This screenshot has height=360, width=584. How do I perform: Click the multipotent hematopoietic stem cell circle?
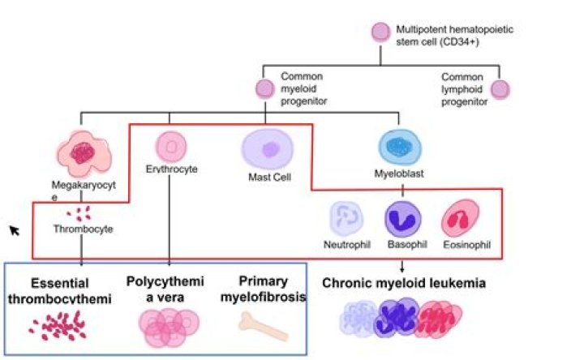point(380,32)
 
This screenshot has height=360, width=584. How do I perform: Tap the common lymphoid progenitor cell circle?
point(500,88)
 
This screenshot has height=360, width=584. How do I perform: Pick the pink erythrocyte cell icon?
point(170,146)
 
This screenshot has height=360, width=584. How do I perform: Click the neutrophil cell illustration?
point(346,220)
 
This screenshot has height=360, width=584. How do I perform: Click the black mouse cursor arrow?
point(15,231)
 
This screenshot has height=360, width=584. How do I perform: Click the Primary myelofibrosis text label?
point(263,289)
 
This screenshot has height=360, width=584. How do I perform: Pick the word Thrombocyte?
point(84,229)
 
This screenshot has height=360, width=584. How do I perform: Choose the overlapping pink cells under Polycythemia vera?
point(168,326)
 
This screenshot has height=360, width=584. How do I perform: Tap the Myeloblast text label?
point(402,174)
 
